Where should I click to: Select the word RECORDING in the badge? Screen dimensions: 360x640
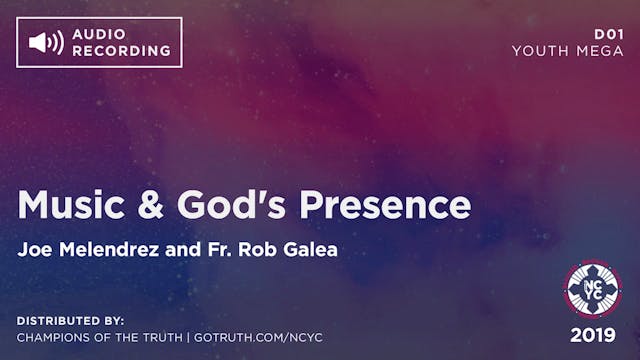[120, 50]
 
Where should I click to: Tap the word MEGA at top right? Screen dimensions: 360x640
[599, 50]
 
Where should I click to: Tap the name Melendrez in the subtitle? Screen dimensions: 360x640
[105, 249]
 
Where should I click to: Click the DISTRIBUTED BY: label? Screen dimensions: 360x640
[70, 320]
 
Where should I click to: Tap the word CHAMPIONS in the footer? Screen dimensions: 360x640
[59, 338]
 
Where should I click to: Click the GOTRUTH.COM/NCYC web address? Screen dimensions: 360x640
[262, 338]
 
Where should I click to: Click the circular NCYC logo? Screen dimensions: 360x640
[594, 288]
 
